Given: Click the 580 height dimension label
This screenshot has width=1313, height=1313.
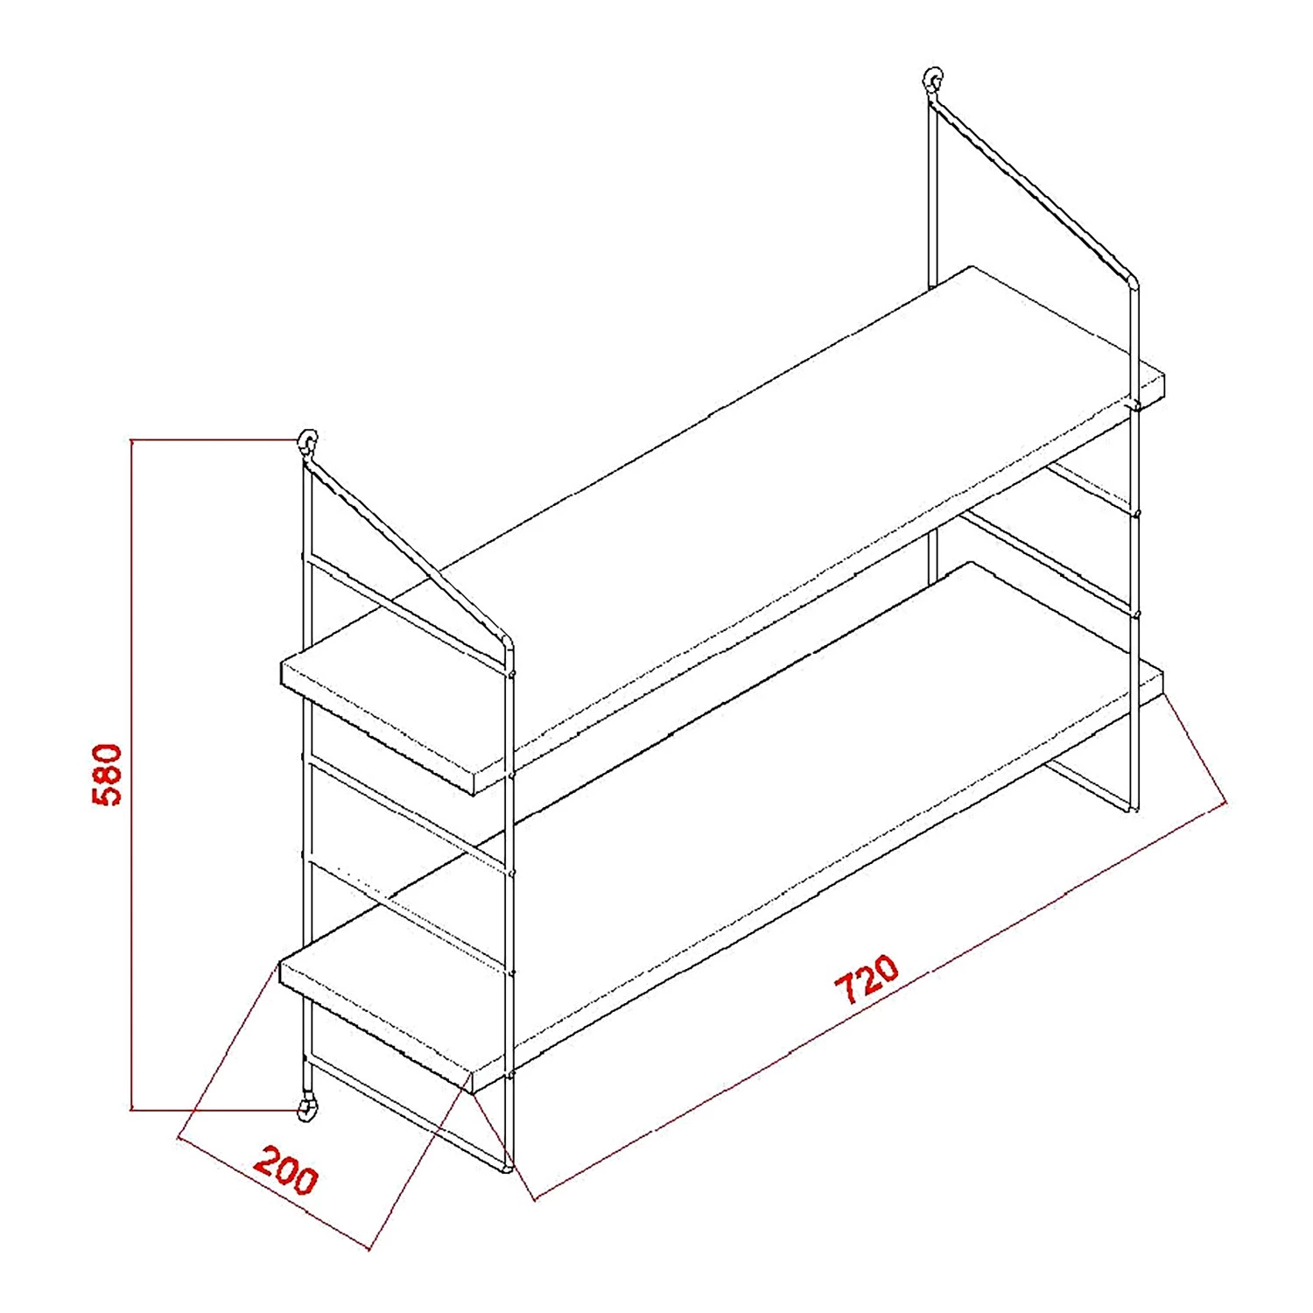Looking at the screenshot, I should (108, 774).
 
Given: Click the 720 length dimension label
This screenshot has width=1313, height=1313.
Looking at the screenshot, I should (867, 979).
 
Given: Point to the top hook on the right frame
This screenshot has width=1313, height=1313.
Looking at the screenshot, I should (934, 81).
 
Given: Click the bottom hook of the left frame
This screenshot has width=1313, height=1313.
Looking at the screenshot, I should (306, 1108).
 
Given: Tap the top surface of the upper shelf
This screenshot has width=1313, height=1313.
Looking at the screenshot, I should (718, 508).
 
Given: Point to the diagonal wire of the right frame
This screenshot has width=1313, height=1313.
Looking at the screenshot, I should (1033, 188).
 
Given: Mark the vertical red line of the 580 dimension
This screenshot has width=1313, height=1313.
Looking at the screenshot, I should (131, 775).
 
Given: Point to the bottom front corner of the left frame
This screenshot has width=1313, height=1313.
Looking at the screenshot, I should (507, 1168).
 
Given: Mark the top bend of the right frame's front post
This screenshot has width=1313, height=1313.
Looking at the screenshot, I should (1133, 282).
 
